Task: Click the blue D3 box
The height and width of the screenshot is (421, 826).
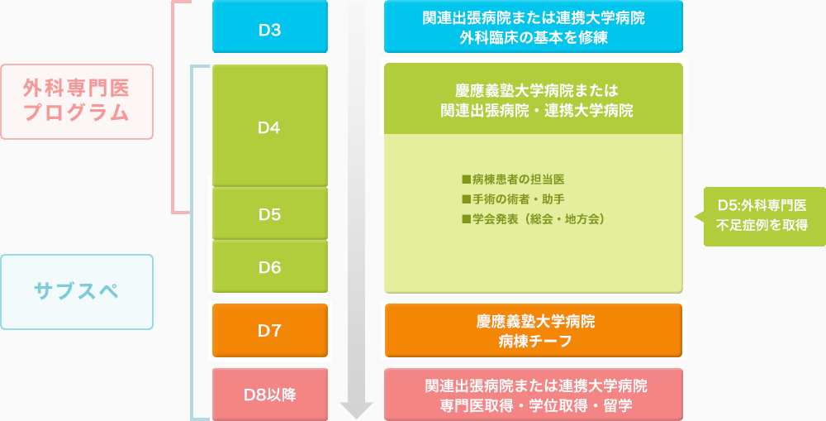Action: (270, 26)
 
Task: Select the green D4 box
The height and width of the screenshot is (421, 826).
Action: (270, 126)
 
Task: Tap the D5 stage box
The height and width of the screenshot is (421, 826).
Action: (270, 213)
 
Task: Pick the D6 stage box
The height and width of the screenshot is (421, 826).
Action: (270, 267)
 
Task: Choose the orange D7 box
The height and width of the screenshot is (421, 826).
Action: (270, 331)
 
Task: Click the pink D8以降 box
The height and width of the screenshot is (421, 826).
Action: (270, 395)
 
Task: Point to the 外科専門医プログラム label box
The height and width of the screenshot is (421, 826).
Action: (77, 101)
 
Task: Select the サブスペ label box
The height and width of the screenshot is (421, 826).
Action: (77, 292)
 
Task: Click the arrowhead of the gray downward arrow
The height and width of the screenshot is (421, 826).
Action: (357, 410)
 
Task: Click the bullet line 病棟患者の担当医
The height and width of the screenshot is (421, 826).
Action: (513, 180)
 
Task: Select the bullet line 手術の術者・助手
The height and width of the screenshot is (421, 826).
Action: (513, 199)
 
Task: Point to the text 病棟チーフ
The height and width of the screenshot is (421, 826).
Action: (534, 342)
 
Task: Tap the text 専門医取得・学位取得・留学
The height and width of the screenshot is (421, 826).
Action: (534, 405)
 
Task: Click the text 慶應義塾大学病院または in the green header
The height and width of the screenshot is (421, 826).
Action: (534, 91)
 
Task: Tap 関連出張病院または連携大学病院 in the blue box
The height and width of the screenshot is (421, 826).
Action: (534, 18)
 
